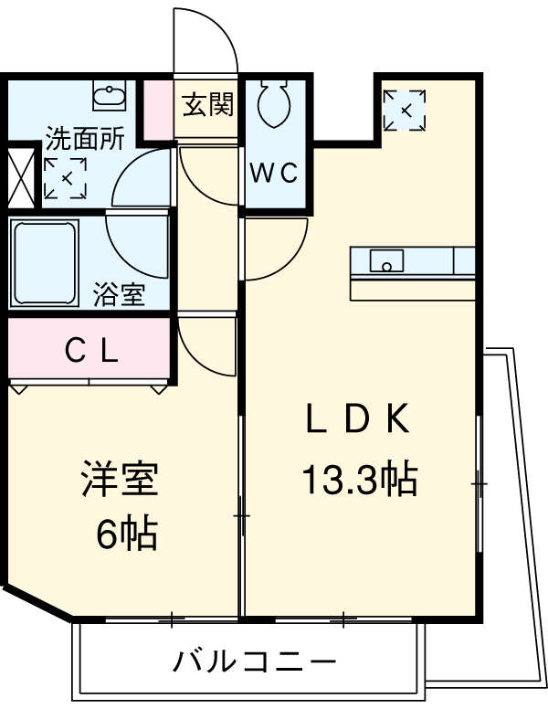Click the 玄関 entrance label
(x=207, y=105)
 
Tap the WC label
(x=274, y=174)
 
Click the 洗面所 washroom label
(x=85, y=140)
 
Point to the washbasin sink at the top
(x=109, y=94)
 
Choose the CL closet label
(x=90, y=350)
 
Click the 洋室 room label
(x=120, y=480)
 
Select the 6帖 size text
(x=127, y=533)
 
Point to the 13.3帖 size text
(x=359, y=478)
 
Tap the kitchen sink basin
(x=387, y=262)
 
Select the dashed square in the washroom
(x=65, y=178)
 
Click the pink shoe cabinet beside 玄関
(x=159, y=111)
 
